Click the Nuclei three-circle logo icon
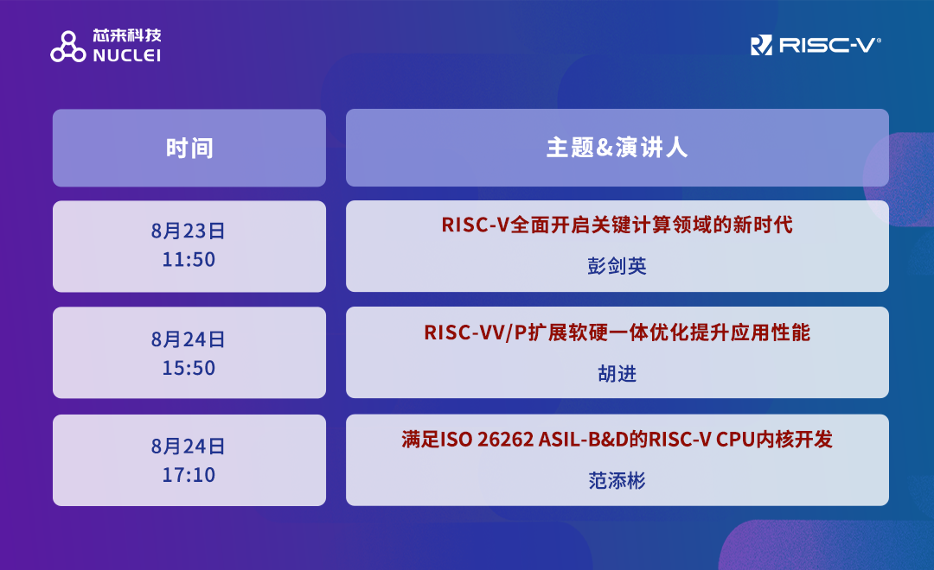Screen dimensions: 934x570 coord(68,47)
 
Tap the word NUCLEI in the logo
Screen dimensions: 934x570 coord(127,55)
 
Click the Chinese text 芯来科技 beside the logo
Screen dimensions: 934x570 coord(127,35)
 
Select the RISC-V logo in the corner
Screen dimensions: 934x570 coord(816,45)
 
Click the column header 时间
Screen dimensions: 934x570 coord(189,148)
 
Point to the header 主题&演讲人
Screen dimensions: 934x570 coord(617,147)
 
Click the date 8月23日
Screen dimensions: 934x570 coord(189,231)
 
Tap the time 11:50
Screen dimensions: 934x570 coord(189,259)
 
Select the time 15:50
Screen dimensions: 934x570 coord(189,368)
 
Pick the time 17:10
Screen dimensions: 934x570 coord(189,475)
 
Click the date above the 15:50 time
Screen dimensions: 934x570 coord(189,339)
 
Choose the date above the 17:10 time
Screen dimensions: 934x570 coord(189,446)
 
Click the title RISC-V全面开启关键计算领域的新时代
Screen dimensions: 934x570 coord(617,225)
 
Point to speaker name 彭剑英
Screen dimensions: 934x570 coord(617,266)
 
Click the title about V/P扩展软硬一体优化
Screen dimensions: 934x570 coord(617,332)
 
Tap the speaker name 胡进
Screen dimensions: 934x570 coord(617,374)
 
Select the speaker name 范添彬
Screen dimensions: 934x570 coord(617,480)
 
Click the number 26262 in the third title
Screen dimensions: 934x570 coord(505,440)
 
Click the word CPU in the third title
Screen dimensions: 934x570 coord(736,440)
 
